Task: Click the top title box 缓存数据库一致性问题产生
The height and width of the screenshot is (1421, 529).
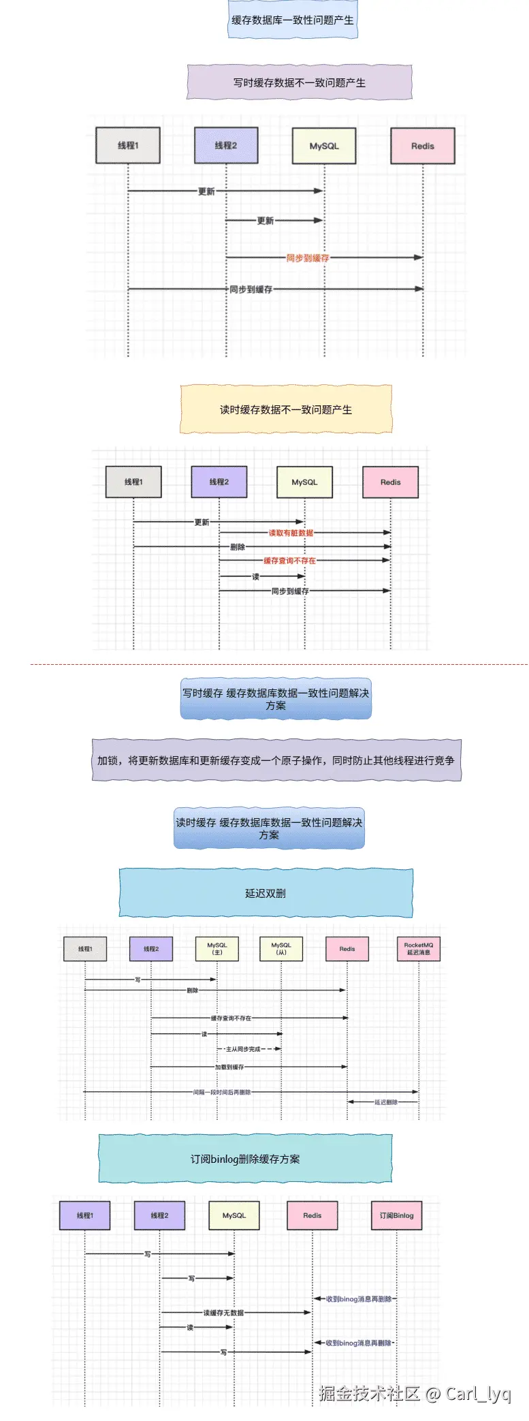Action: click(293, 20)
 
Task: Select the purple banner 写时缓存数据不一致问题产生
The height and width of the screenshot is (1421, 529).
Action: click(300, 82)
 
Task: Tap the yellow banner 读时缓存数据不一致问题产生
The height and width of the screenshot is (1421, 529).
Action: click(286, 409)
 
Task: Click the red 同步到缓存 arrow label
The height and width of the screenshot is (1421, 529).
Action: click(307, 258)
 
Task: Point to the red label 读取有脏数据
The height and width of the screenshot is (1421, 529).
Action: click(291, 533)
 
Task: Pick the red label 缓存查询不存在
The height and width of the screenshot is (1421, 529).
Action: click(289, 561)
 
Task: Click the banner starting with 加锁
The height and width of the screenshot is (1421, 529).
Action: click(276, 760)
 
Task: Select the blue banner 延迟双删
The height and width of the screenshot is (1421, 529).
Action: click(266, 893)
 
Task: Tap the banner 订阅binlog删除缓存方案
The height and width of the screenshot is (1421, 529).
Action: click(245, 1159)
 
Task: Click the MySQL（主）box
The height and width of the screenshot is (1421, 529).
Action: click(217, 948)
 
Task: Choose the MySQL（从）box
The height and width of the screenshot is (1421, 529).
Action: click(281, 948)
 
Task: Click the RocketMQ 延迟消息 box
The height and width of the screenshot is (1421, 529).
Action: click(419, 948)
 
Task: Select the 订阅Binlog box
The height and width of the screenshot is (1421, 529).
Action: click(397, 1215)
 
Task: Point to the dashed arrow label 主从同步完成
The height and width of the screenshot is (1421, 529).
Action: click(243, 1049)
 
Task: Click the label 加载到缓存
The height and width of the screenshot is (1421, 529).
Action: click(229, 1067)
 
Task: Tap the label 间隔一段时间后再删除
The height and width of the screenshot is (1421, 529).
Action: click(222, 1092)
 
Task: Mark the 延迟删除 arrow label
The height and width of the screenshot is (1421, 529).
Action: click(386, 1102)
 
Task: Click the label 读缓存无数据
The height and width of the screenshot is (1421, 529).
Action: click(223, 1313)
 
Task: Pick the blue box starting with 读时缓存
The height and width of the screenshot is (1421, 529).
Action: click(269, 828)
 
